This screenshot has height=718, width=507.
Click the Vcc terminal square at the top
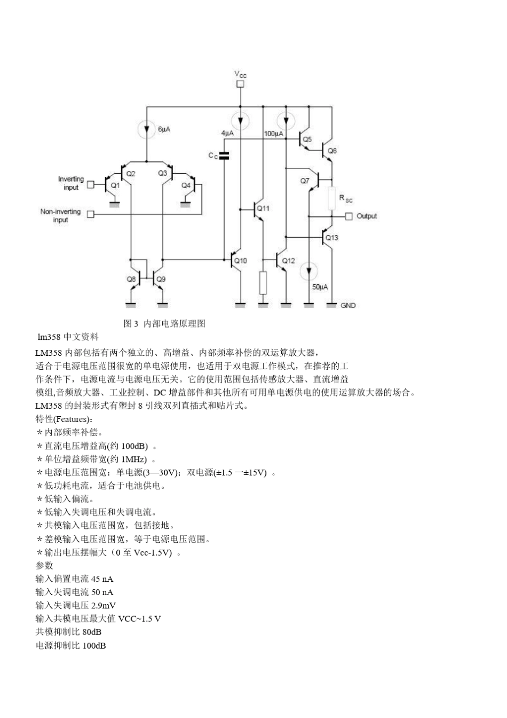click(241, 84)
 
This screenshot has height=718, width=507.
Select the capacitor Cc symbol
click(224, 155)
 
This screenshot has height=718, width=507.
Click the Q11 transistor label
click(264, 208)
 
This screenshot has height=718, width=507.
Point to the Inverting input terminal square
click(91, 184)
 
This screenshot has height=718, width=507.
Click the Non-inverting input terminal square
click(91, 214)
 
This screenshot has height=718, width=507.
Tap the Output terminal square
click(349, 216)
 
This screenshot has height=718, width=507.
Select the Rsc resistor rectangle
click(331, 198)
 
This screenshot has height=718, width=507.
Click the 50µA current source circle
click(308, 271)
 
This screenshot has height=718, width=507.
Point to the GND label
click(348, 306)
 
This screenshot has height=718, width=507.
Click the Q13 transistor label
click(332, 238)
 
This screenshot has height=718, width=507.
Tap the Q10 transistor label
click(241, 261)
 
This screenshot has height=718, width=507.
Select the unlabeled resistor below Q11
click(263, 283)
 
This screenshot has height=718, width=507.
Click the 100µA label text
click(273, 134)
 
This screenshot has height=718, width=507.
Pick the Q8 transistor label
click(131, 279)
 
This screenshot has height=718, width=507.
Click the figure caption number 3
click(136, 323)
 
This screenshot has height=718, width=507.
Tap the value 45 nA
click(102, 579)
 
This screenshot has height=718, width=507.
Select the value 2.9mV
click(104, 605)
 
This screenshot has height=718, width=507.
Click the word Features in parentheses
click(72, 419)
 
